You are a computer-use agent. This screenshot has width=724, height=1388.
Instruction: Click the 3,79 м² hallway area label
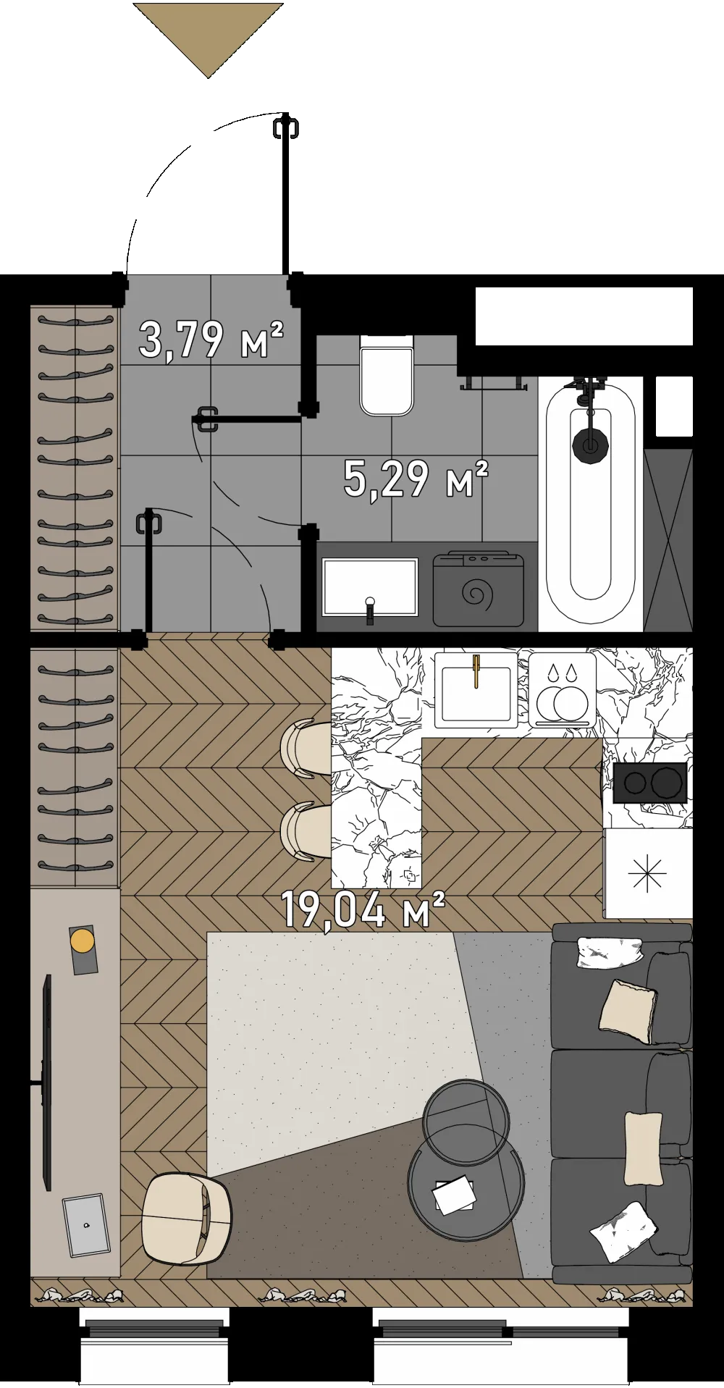click(211, 340)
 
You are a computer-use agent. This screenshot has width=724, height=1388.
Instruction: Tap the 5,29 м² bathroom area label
click(416, 479)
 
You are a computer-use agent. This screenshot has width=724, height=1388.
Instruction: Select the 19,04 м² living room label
click(362, 909)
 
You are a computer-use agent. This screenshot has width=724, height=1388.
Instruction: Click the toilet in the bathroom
click(387, 375)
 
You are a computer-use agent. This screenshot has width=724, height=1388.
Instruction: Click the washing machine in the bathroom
click(479, 589)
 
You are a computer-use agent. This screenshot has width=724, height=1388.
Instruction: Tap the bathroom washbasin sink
click(370, 587)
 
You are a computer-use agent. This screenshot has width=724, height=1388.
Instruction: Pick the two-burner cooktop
click(649, 783)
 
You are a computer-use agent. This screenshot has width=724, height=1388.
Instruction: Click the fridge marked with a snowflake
click(647, 874)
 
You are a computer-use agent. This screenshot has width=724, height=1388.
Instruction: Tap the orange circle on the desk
click(83, 941)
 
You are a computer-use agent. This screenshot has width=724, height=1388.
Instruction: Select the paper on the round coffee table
click(455, 1195)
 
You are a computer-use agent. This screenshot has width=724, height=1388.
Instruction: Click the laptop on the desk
click(85, 1226)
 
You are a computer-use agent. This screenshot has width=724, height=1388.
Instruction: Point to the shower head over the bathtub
click(591, 445)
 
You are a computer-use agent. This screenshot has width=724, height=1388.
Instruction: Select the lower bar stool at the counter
click(305, 831)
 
